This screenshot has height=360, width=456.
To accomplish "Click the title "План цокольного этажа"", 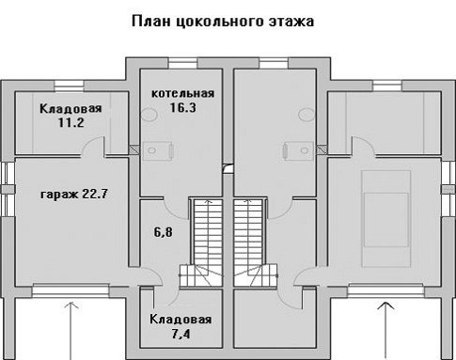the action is (223, 22).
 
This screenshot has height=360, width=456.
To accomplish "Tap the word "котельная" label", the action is (183, 93).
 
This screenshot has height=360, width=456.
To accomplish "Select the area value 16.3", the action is (183, 107).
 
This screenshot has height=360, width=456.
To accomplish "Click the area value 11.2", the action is (71, 122).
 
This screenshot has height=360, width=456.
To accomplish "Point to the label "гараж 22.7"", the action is (74, 195).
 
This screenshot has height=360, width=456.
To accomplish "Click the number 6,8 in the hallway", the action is (163, 232).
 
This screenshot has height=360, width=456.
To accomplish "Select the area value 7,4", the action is (181, 335).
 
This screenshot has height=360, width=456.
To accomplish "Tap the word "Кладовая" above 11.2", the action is (71, 109).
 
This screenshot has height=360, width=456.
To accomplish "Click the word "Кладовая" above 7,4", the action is (181, 320).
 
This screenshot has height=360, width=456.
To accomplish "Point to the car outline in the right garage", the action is (386, 219).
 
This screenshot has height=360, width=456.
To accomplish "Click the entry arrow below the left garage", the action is (71, 331).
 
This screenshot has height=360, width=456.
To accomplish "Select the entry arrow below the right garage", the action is (385, 331).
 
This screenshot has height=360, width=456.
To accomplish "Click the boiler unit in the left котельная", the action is (158, 151).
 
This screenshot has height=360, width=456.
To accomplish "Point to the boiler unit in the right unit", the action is (298, 151).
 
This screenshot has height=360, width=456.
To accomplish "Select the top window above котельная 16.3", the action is (183, 63).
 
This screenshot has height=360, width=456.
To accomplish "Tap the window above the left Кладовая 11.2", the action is (70, 86).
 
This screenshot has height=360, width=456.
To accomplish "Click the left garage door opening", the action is (71, 290).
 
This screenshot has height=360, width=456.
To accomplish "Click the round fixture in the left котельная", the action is (149, 114).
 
